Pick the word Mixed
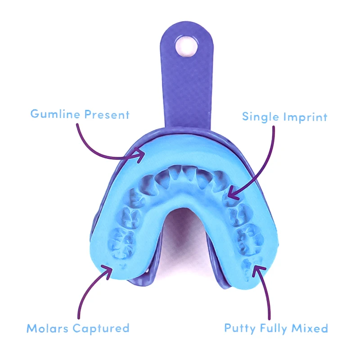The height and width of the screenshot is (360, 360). click(x=312, y=328)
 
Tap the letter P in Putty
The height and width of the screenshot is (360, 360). click(x=228, y=328)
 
